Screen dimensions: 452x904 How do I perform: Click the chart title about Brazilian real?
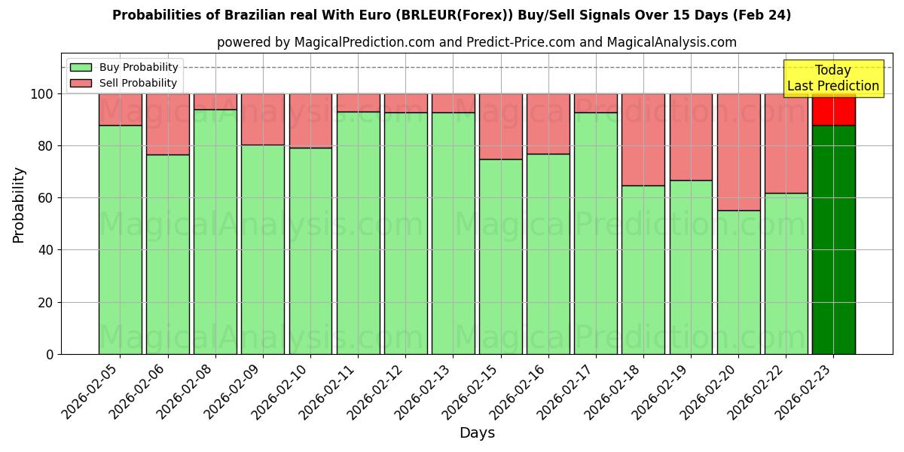(451, 15)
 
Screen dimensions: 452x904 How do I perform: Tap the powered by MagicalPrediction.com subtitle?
(476, 42)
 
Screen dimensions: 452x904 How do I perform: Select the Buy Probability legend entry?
(139, 67)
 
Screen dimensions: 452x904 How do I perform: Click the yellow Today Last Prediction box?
(832, 78)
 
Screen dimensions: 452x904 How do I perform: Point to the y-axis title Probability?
(19, 205)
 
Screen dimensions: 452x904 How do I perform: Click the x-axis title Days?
(477, 433)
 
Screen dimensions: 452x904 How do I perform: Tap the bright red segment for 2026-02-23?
(833, 110)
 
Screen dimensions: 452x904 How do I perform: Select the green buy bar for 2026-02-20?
(738, 282)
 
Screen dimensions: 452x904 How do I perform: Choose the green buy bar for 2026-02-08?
(215, 231)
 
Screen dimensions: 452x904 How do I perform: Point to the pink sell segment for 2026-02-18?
(643, 139)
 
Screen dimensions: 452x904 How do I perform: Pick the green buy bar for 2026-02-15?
(500, 256)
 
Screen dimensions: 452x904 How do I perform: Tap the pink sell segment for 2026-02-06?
(167, 124)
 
